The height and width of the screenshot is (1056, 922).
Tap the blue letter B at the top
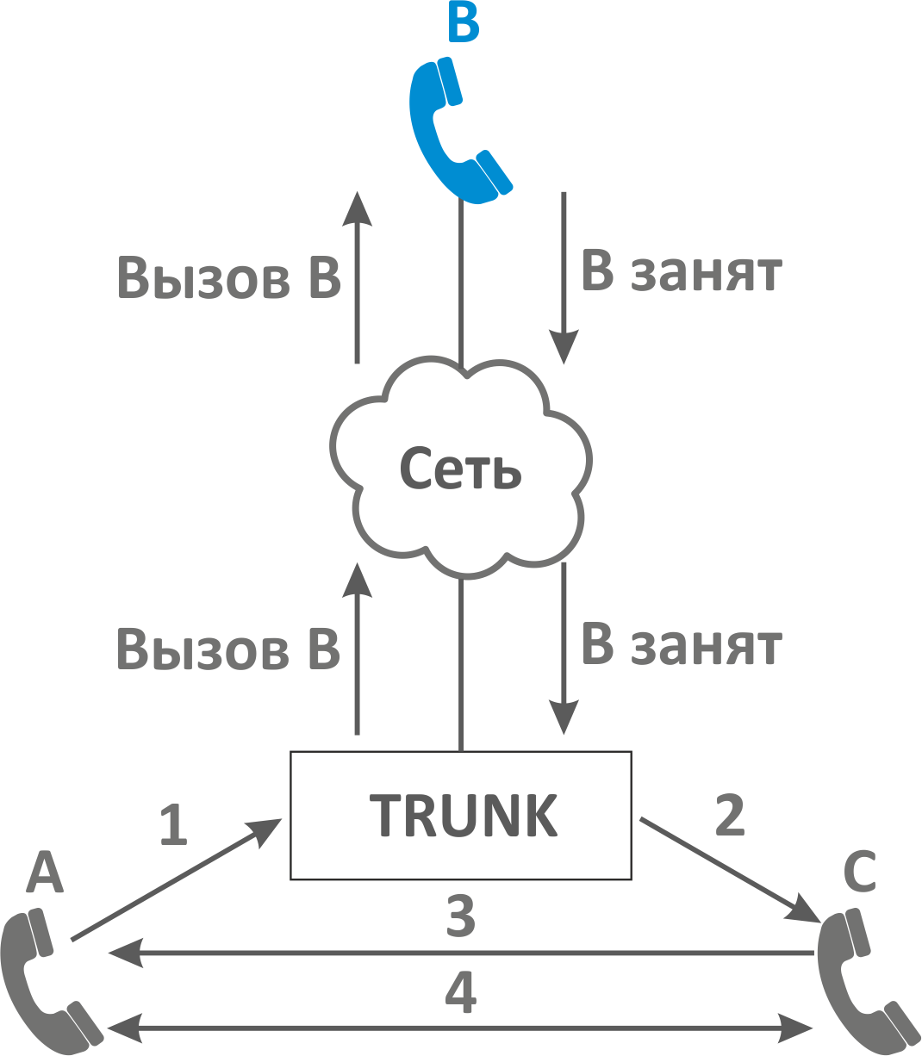[x=464, y=22]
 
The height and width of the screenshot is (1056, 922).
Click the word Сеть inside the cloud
[x=461, y=469]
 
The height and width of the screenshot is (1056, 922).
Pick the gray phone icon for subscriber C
[x=862, y=982]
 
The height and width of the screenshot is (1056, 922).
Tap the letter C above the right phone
[x=859, y=872]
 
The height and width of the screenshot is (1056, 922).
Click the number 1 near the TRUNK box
[x=174, y=824]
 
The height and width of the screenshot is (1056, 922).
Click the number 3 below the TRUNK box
[x=461, y=916]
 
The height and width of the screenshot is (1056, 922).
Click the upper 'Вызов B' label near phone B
[x=228, y=277]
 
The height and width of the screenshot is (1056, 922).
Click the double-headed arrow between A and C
[x=461, y=1028]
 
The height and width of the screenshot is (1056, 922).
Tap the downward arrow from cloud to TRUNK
[x=564, y=646]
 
